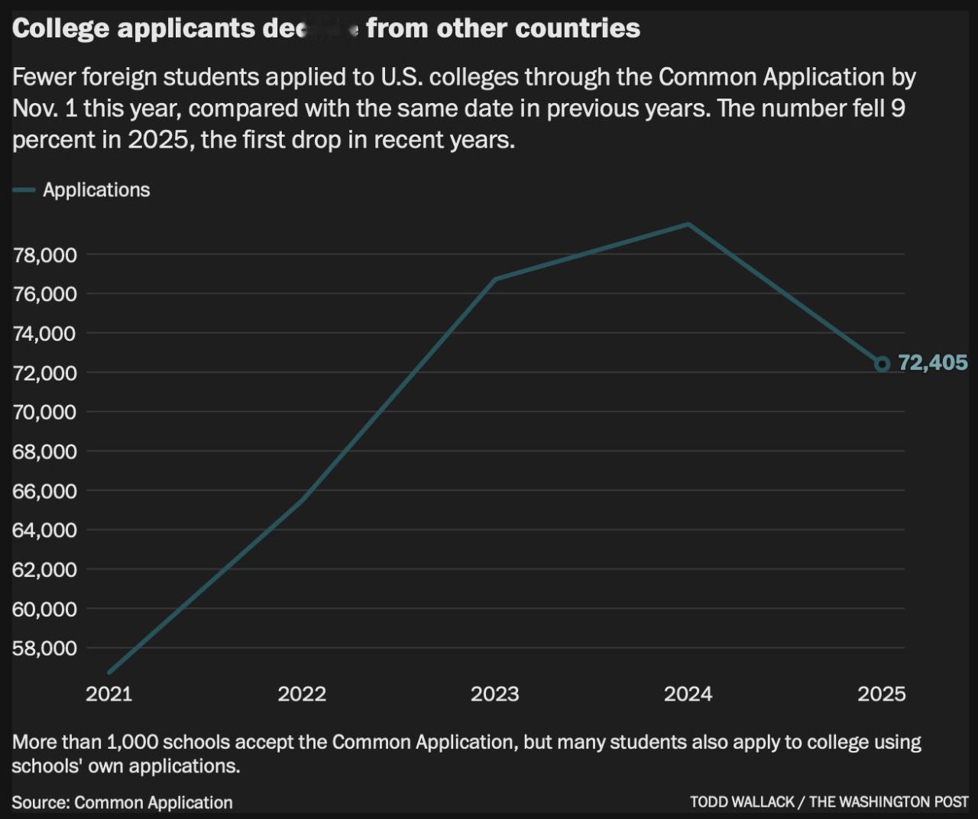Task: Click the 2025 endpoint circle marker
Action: (x=882, y=364)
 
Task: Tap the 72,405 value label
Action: (x=933, y=363)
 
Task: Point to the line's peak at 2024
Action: (x=688, y=224)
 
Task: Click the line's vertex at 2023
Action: (x=495, y=280)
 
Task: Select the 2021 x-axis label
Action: (x=108, y=694)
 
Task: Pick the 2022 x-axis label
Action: (x=302, y=694)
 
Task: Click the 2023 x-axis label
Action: (x=494, y=694)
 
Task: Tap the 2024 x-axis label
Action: (x=688, y=694)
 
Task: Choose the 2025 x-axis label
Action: (x=881, y=694)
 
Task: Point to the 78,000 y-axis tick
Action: (x=44, y=255)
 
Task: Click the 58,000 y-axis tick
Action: (x=44, y=649)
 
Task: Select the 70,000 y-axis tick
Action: (x=44, y=413)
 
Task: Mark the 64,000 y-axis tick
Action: (x=44, y=530)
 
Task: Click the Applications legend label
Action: (x=96, y=190)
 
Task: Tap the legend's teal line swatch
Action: (x=24, y=190)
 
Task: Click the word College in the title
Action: (x=60, y=28)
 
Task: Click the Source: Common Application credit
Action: (x=122, y=802)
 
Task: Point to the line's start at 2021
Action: (x=109, y=672)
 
